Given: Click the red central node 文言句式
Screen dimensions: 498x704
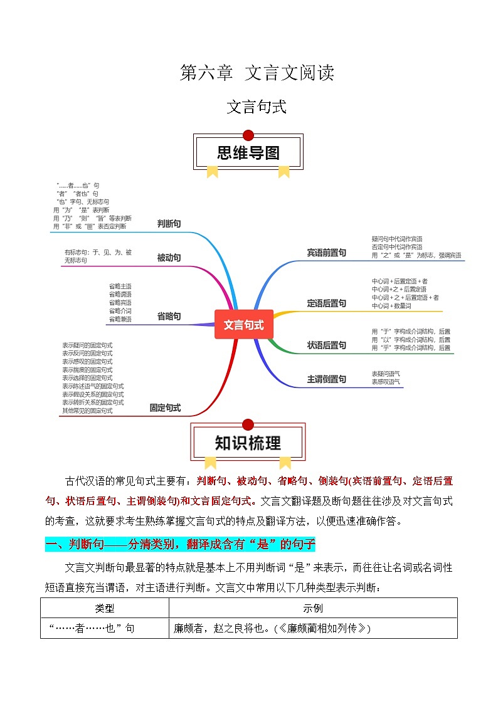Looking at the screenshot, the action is [x=244, y=325].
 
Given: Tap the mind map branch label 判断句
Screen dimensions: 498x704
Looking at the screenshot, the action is [x=169, y=224].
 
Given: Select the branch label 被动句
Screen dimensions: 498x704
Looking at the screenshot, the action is [x=169, y=258].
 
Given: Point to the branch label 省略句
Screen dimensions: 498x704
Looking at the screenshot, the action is [x=169, y=316].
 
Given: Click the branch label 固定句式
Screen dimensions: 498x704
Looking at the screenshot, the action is [x=165, y=407].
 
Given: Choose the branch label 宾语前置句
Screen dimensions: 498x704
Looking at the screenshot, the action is [x=326, y=253].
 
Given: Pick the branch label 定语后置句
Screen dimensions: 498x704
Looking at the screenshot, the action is [x=326, y=303].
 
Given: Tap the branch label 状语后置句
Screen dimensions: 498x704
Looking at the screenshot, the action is [x=326, y=345].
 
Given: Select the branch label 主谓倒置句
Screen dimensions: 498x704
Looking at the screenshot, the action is [x=326, y=379].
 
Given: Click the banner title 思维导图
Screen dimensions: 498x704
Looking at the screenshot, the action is [x=248, y=152].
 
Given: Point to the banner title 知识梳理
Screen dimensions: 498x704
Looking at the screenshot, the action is [x=248, y=443].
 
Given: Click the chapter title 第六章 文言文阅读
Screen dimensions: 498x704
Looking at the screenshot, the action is [x=257, y=73].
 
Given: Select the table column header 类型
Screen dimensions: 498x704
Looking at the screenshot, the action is [x=105, y=609].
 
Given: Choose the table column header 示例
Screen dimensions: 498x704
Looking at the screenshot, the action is [x=312, y=609].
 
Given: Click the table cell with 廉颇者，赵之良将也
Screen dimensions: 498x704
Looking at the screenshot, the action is [x=272, y=628].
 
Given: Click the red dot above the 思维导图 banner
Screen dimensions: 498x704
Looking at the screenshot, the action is [x=248, y=135].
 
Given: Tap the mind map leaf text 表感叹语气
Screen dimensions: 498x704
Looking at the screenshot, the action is [x=386, y=381].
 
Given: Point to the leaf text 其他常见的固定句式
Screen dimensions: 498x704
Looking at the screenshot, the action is [x=87, y=411].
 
